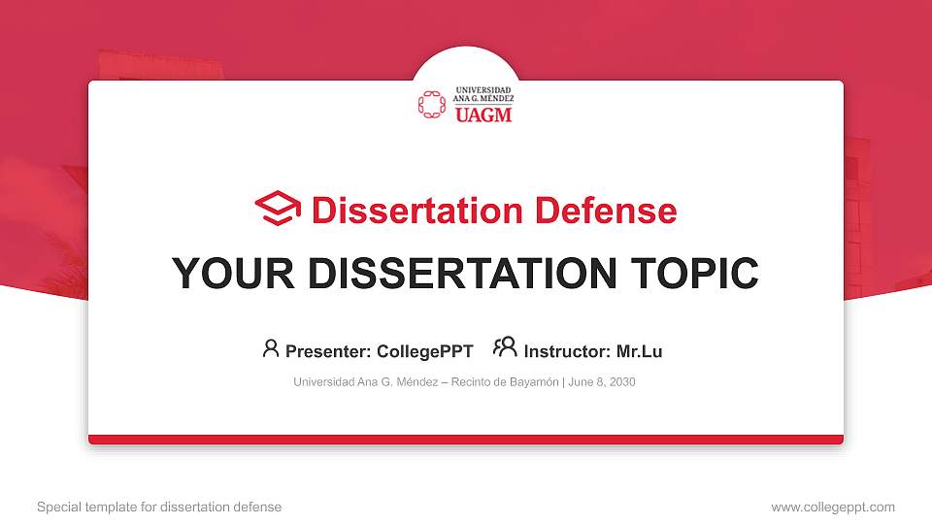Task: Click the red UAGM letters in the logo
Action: (x=483, y=115)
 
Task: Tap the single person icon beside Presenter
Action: (x=271, y=348)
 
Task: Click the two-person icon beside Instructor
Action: (x=505, y=348)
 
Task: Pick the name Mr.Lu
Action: (x=640, y=351)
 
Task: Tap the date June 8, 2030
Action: (x=602, y=382)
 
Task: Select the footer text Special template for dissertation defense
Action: (x=159, y=507)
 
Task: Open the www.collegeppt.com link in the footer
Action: (x=833, y=507)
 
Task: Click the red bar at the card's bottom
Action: (x=466, y=440)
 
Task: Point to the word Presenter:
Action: (x=328, y=351)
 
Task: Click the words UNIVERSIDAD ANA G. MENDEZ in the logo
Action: (x=483, y=94)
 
